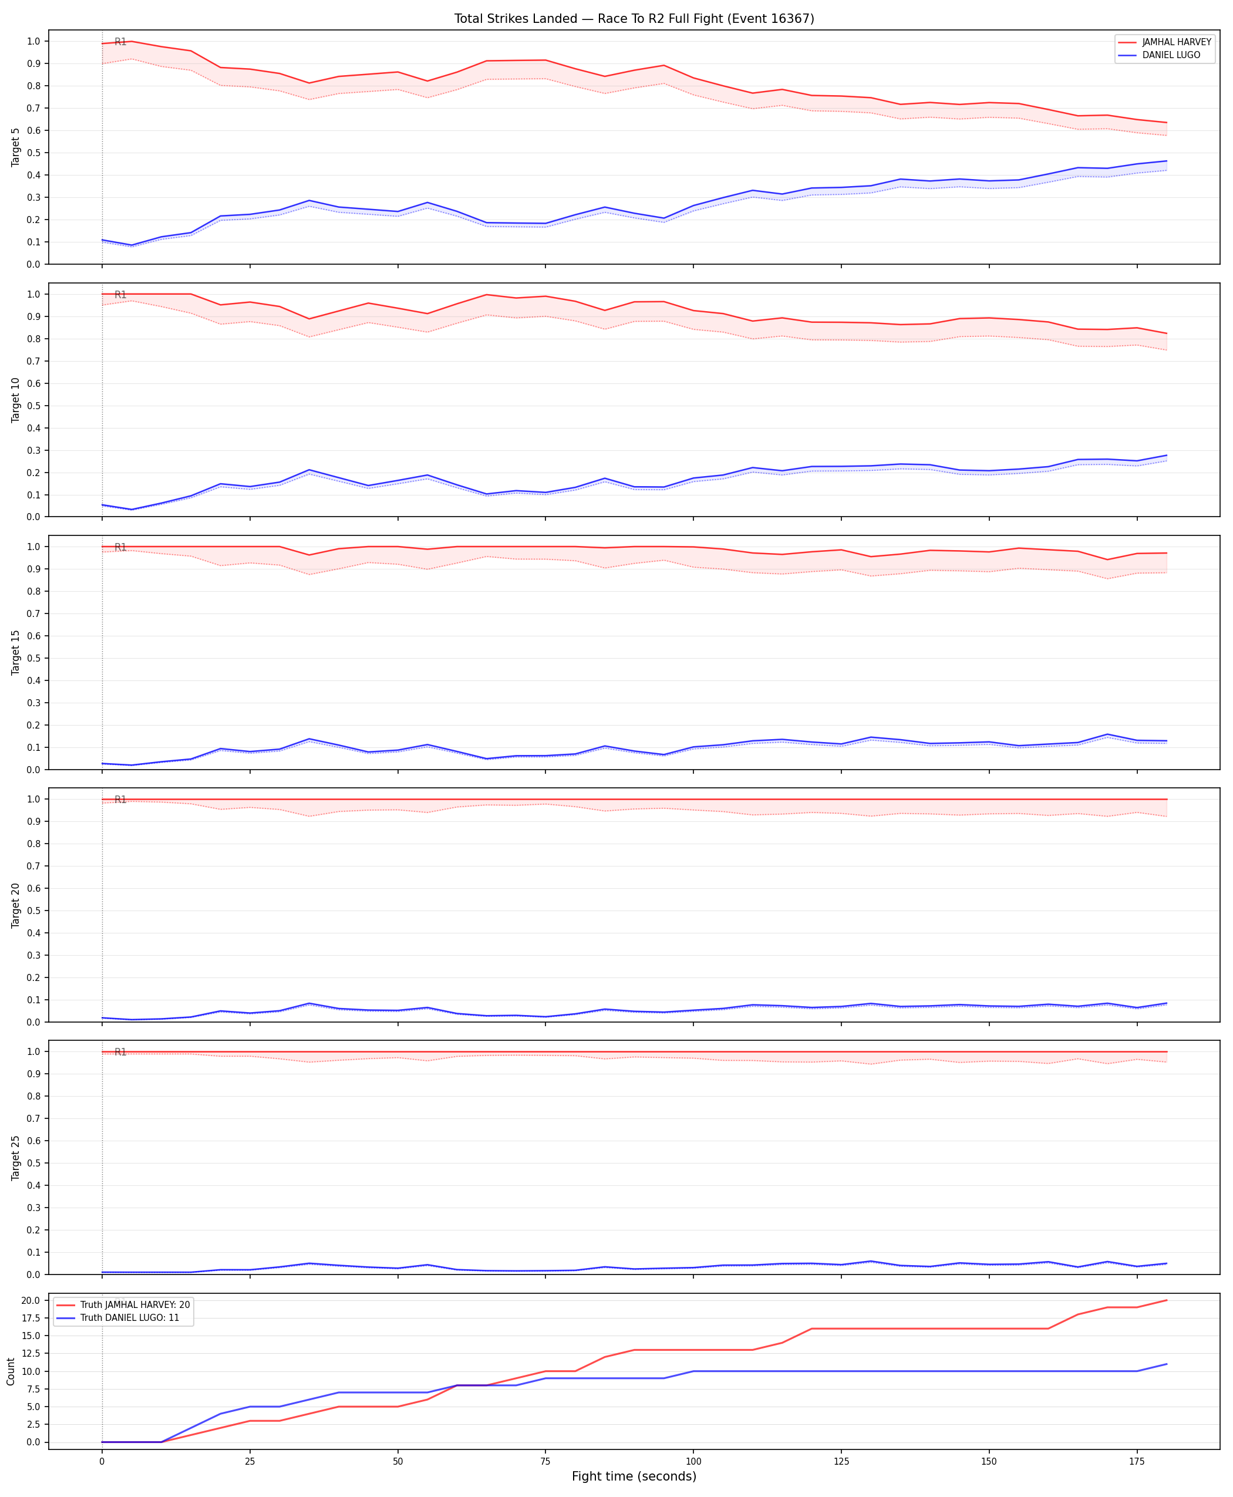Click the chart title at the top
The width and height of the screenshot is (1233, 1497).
(634, 18)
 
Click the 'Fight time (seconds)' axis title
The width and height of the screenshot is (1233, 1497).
(634, 1476)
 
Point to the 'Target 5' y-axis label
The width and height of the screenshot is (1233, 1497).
(16, 147)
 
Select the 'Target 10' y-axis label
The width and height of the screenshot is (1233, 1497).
(16, 400)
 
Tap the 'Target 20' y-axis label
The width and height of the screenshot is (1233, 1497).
(16, 905)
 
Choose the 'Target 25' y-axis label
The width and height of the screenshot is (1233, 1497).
(16, 1158)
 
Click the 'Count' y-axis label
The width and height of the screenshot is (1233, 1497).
(11, 1371)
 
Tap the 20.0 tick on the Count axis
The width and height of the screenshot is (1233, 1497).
(32, 1300)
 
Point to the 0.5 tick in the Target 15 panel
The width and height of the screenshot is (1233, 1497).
(35, 658)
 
